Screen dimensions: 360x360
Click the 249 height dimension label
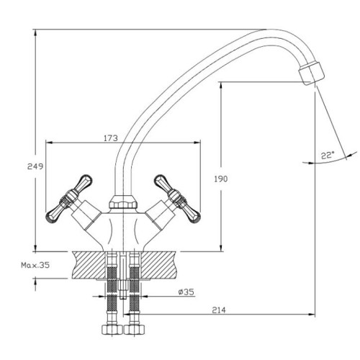35,166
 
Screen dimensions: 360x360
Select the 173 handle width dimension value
111,138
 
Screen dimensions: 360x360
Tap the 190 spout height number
221,179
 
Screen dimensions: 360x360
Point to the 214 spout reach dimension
219,310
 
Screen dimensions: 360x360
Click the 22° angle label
328,156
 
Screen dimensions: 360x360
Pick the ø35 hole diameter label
186,292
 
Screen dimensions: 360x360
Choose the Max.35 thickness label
35,265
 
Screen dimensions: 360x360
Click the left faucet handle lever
69,198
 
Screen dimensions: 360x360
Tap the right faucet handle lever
177,199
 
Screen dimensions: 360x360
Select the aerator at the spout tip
311,73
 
